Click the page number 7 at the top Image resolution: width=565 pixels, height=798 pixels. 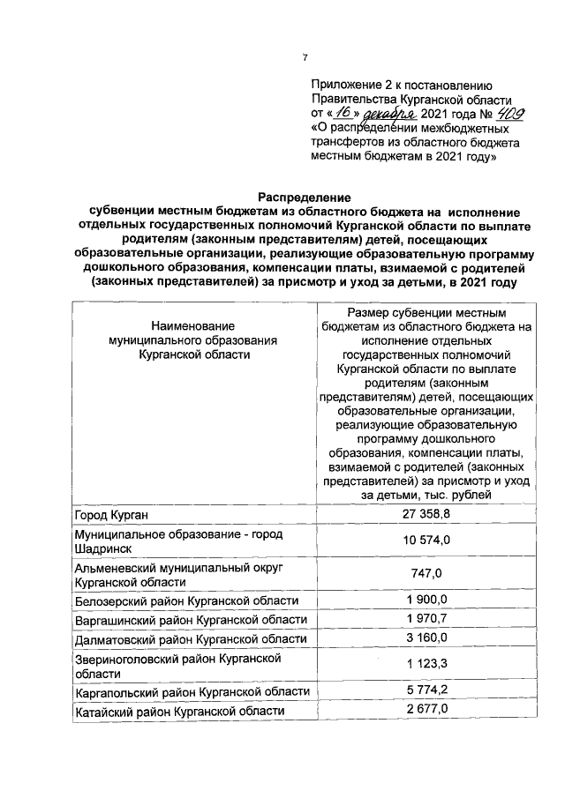[305, 58]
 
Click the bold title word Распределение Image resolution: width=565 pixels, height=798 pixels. [304, 198]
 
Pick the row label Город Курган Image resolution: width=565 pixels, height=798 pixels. [111, 514]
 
